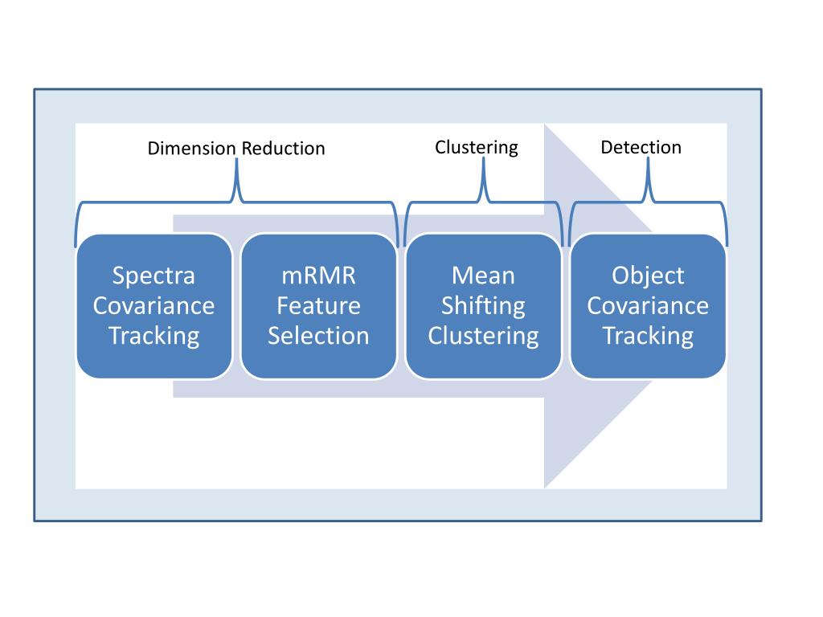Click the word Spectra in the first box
pos(154,276)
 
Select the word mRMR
pos(318,276)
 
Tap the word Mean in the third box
pos(483,276)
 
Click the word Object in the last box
pos(648,276)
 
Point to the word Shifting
pos(483,305)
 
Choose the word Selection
pos(318,335)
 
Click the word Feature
pos(318,305)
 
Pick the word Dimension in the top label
pos(192,149)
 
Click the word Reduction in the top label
pos(283,149)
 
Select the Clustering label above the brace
pos(477,148)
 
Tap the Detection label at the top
pos(641,147)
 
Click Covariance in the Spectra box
pos(154,305)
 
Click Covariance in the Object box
pos(648,305)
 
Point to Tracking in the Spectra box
pos(154,335)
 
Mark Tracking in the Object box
pos(648,335)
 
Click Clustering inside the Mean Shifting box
pos(483,335)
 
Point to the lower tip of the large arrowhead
pos(546,485)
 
